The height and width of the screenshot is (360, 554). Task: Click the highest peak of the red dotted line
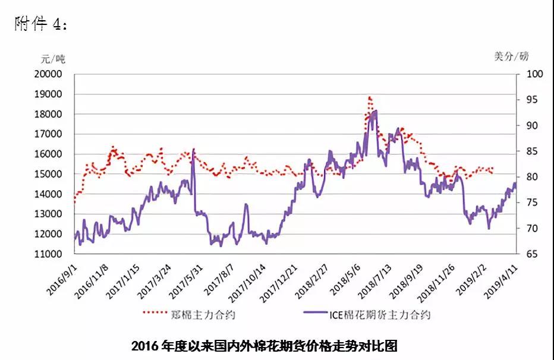(x=370, y=97)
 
